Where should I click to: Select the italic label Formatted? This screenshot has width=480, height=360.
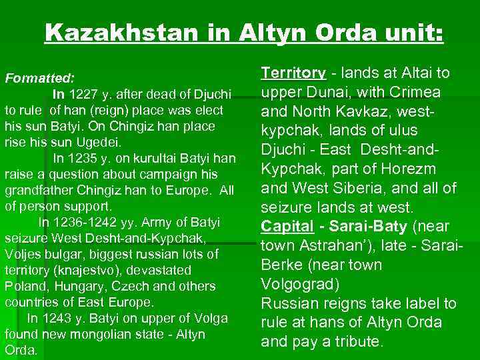coord(40,78)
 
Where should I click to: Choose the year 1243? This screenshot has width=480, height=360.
coord(55,318)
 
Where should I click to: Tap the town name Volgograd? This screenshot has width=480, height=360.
coord(300,284)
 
